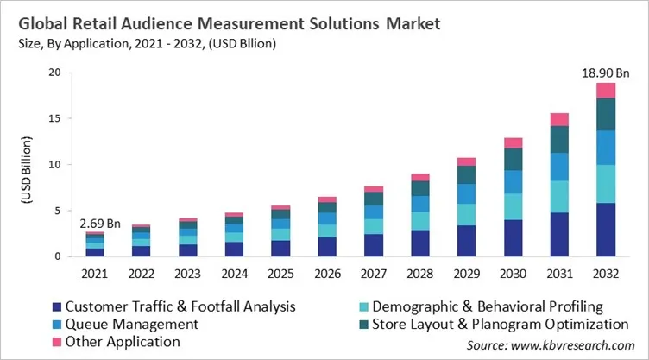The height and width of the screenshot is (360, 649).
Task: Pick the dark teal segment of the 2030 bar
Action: click(514, 160)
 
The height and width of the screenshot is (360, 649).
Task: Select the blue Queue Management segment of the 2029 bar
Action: click(466, 194)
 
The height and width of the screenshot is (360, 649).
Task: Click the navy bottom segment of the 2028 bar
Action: click(420, 243)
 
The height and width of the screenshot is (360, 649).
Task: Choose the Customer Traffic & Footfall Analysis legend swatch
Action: click(55, 306)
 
